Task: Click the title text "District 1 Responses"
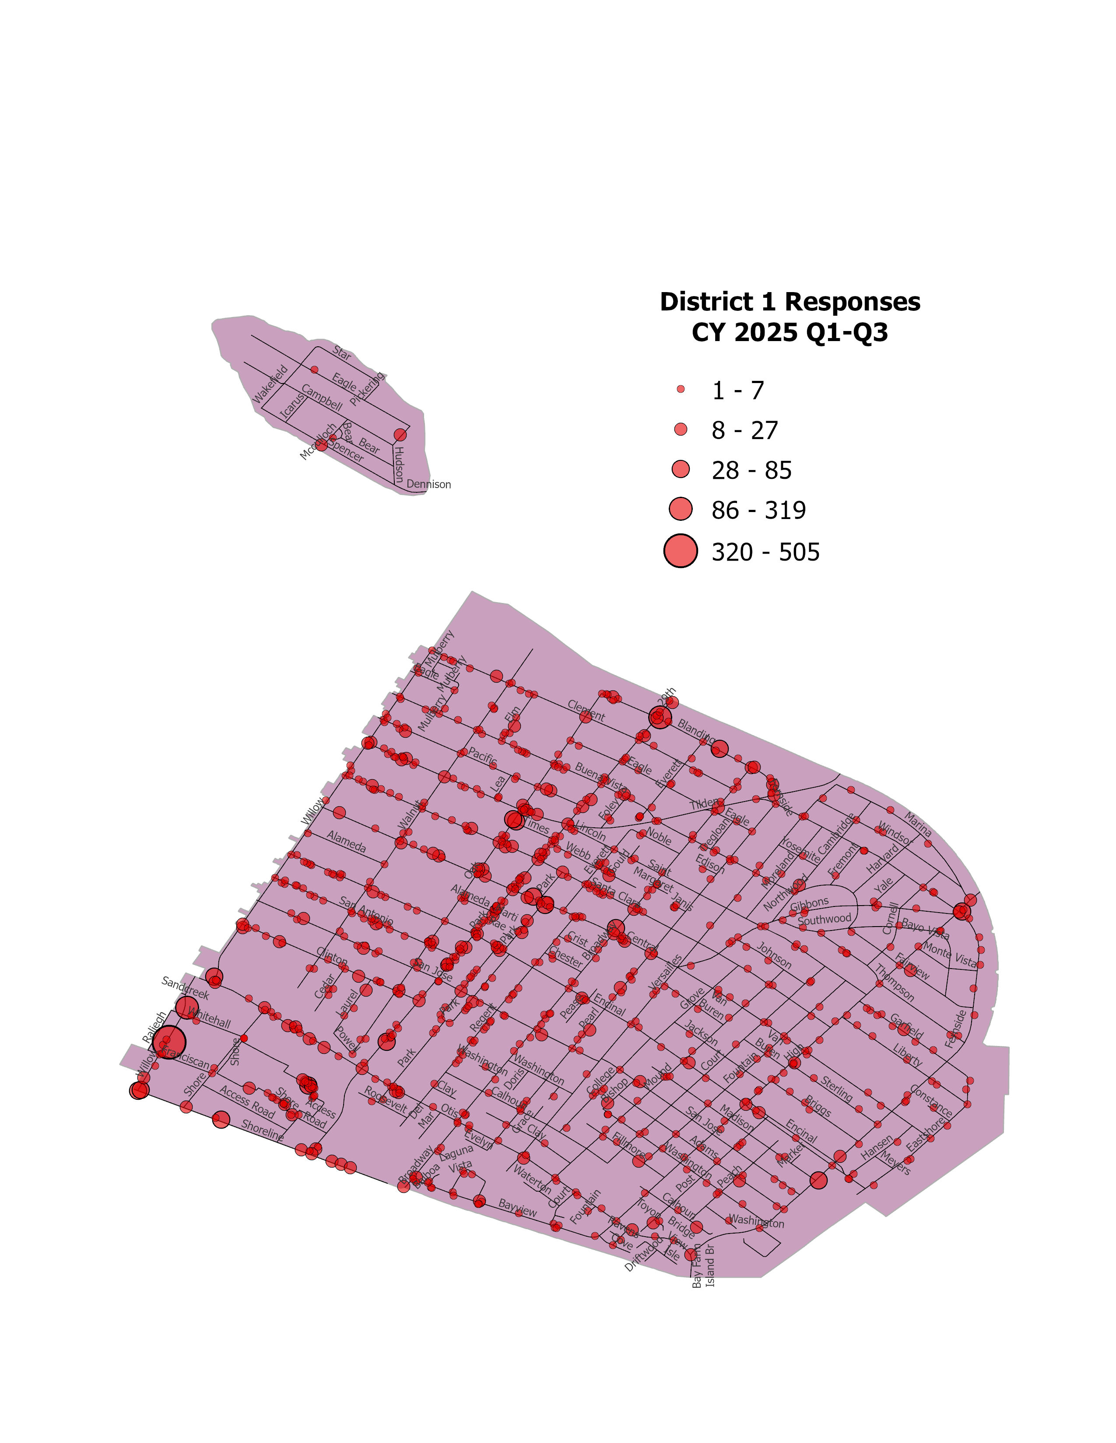click(x=790, y=302)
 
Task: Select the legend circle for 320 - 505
click(x=680, y=551)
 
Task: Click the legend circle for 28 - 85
click(x=680, y=470)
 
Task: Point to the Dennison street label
click(x=428, y=484)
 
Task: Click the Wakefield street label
click(x=271, y=384)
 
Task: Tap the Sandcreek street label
click(x=185, y=988)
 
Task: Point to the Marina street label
click(x=918, y=824)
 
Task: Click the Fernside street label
click(x=956, y=1029)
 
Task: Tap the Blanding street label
click(x=695, y=730)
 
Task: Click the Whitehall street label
click(x=209, y=1018)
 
